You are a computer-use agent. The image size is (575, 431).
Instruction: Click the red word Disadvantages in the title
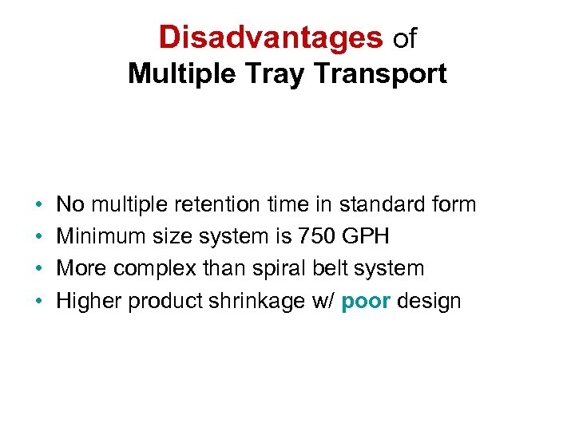click(271, 37)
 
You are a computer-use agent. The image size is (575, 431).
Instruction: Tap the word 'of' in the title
click(405, 38)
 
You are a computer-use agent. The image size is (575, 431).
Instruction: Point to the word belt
click(329, 269)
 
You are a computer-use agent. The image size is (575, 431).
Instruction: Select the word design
click(429, 301)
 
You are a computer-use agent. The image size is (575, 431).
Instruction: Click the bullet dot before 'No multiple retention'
click(39, 205)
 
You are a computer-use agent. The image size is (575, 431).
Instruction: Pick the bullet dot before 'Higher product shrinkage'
click(39, 302)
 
